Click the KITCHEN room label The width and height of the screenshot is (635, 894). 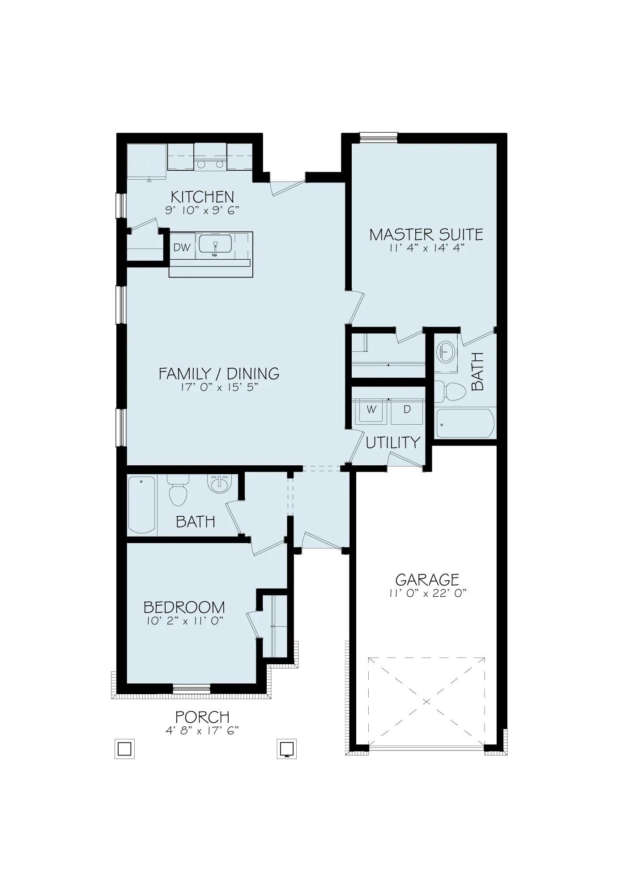pos(202,197)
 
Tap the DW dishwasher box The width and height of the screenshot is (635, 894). pos(182,247)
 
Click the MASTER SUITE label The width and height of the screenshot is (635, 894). pos(426,235)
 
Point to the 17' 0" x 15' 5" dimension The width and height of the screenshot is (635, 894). pos(219,387)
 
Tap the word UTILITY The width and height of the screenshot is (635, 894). pos(393,443)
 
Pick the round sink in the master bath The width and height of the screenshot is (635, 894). pos(446,352)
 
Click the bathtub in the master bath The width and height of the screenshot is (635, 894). pos(465,424)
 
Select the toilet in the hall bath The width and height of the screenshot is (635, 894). pos(178,492)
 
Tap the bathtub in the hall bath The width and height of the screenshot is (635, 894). pos(142,504)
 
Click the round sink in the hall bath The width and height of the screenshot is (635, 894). pos(219,484)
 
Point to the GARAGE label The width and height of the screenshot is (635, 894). pos(427,580)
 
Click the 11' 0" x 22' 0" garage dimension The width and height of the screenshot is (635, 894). pos(427,593)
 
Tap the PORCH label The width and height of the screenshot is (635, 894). pos(202,717)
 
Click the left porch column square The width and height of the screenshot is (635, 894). pos(124,748)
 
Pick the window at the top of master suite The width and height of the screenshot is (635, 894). pos(379,137)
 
